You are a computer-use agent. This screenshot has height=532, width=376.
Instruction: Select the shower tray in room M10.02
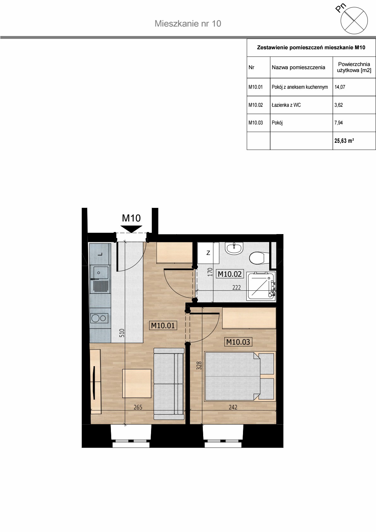261,286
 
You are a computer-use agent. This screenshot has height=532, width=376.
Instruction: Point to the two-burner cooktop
99,318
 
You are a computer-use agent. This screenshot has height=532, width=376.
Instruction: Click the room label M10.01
163,325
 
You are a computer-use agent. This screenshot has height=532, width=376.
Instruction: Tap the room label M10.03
238,342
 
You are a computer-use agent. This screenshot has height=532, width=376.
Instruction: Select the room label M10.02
229,274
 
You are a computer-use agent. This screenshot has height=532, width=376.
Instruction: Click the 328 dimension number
199,366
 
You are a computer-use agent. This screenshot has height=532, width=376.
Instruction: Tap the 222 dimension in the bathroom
237,287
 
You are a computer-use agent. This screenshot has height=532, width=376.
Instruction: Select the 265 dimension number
138,407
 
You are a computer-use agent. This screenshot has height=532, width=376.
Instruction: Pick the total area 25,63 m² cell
354,141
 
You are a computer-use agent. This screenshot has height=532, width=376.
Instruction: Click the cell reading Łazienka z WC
301,105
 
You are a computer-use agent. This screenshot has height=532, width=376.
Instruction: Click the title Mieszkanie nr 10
188,23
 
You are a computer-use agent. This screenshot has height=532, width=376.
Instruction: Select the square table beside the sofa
137,383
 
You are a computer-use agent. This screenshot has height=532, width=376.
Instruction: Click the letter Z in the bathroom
208,253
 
